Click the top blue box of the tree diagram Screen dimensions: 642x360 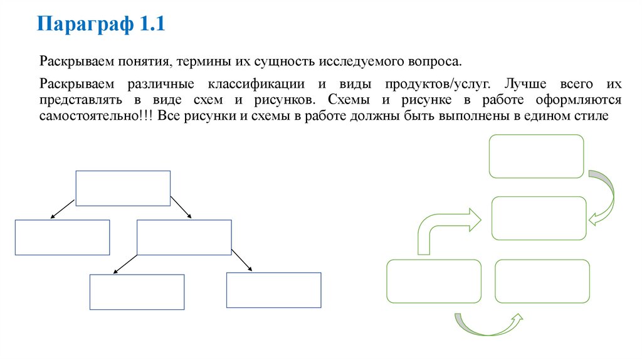[123, 188]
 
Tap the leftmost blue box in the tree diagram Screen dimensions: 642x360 [62, 237]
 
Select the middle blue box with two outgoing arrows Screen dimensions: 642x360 [184, 237]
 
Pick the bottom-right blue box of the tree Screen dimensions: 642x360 [273, 290]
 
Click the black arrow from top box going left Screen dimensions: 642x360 [63, 209]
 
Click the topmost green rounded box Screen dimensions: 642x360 [536, 156]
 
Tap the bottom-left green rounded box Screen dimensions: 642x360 [434, 281]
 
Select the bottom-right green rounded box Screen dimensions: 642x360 [542, 281]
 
